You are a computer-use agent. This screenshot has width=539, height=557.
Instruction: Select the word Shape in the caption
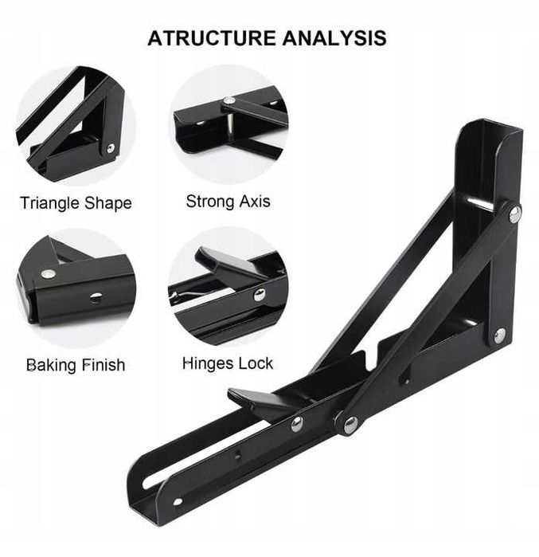pyautogui.click(x=110, y=203)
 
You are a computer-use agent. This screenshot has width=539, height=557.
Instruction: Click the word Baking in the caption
pyautogui.click(x=52, y=365)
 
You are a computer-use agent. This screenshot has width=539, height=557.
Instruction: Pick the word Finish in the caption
pyautogui.click(x=104, y=365)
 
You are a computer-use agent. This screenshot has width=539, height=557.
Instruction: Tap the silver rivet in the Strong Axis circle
pyautogui.click(x=228, y=100)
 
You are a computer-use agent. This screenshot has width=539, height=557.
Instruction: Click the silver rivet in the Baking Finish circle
pyautogui.click(x=49, y=273)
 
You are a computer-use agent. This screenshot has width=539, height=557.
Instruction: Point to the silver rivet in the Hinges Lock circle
pyautogui.click(x=260, y=295)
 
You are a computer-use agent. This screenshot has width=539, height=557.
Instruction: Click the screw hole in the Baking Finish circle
pyautogui.click(x=94, y=297)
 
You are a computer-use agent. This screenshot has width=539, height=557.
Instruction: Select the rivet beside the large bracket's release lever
pyautogui.click(x=297, y=425)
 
